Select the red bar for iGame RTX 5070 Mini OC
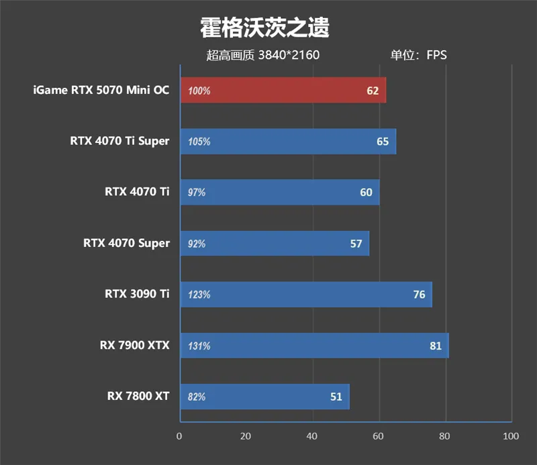pyautogui.click(x=282, y=91)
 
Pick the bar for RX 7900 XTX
pyautogui.click(x=313, y=346)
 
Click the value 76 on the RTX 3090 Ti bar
pyautogui.click(x=419, y=295)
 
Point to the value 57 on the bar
pyautogui.click(x=356, y=244)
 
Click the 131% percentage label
pyautogui.click(x=199, y=346)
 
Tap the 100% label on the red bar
pyautogui.click(x=199, y=91)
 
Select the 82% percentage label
pyautogui.click(x=197, y=397)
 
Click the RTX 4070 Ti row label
pyautogui.click(x=137, y=192)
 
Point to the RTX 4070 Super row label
pyautogui.click(x=126, y=243)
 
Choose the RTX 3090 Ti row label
pyautogui.click(x=137, y=294)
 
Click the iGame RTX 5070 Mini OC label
pyautogui.click(x=101, y=90)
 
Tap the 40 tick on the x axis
pyautogui.click(x=312, y=436)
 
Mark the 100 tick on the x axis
pyautogui.click(x=511, y=436)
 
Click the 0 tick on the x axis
pyautogui.click(x=179, y=436)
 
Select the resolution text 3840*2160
pyautogui.click(x=289, y=55)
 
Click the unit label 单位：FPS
pyautogui.click(x=418, y=55)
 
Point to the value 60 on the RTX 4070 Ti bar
pyautogui.click(x=366, y=193)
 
